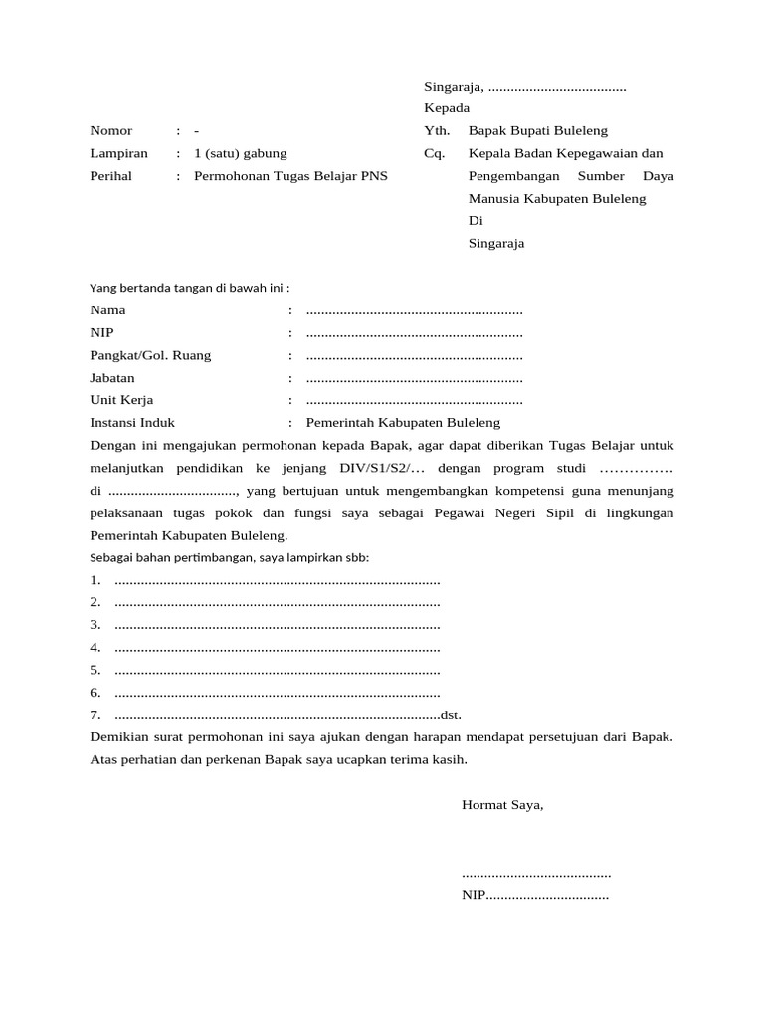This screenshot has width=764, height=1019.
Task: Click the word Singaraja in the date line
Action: (x=453, y=86)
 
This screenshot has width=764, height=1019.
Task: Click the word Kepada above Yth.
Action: (x=447, y=108)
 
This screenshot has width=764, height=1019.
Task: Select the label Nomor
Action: (x=110, y=131)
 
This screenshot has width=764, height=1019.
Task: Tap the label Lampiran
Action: (x=118, y=154)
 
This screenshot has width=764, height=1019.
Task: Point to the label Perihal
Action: (x=111, y=177)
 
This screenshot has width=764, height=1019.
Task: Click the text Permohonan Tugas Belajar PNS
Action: (x=290, y=177)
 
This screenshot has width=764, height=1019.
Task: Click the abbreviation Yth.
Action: (x=437, y=131)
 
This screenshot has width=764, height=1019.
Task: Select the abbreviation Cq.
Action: (x=434, y=154)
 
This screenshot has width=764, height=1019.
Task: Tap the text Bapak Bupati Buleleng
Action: (x=537, y=131)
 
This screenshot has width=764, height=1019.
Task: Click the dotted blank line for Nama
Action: (x=414, y=310)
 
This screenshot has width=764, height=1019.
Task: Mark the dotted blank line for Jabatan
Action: (x=414, y=379)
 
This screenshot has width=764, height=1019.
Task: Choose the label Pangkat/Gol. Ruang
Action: (x=150, y=356)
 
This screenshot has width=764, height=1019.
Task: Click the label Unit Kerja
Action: (x=122, y=401)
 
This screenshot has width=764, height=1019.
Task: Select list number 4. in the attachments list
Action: (x=95, y=648)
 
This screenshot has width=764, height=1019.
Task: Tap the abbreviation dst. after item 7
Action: (x=451, y=715)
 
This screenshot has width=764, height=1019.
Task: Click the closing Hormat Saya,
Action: (x=502, y=805)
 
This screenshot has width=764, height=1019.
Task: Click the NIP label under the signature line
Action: (x=473, y=896)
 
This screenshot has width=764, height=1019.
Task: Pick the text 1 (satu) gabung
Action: (x=240, y=154)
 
